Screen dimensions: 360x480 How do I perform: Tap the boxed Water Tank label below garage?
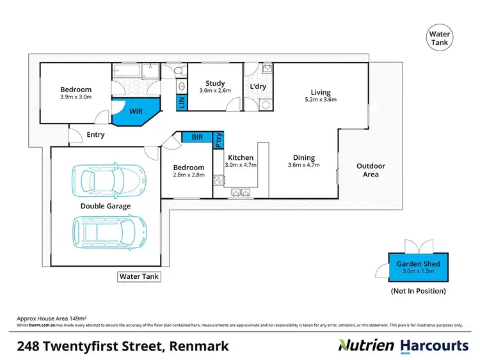coord(139,277)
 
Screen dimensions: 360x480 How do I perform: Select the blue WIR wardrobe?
coord(134,112)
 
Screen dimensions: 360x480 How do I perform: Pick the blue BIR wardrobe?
coord(197,137)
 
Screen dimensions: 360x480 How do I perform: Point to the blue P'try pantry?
coord(218,140)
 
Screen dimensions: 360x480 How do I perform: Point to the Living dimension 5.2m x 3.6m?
coord(320,99)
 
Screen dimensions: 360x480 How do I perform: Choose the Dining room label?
coord(304,157)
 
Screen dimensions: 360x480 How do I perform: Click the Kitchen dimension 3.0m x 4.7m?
coord(241,165)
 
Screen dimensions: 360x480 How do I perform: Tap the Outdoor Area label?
coord(371,170)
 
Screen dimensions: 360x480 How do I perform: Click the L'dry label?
coord(258,86)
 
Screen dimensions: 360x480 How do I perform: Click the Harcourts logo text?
coord(434,346)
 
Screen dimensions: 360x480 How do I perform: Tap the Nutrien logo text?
coord(367,346)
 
